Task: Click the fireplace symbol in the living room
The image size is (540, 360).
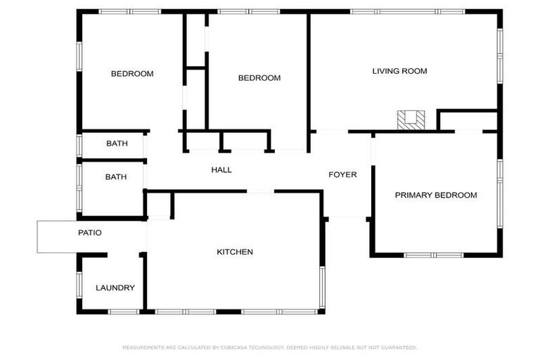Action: [x=411, y=120]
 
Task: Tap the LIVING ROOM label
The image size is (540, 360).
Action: [x=399, y=71]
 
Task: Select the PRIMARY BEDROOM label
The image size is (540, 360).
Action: [x=435, y=195]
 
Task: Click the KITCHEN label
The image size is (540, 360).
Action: [x=234, y=252]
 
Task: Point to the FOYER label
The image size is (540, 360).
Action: [x=342, y=174]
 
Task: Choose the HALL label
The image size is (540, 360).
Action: [x=221, y=170]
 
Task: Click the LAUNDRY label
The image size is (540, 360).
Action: [x=115, y=288]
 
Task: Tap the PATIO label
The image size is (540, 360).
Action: [x=89, y=233]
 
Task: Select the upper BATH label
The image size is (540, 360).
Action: [x=117, y=143]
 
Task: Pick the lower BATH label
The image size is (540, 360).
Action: [x=116, y=177]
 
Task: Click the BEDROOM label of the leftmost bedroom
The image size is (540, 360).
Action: [x=132, y=74]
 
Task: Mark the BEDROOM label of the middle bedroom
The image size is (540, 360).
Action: [x=259, y=78]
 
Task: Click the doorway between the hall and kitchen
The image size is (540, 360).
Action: [x=260, y=191]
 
